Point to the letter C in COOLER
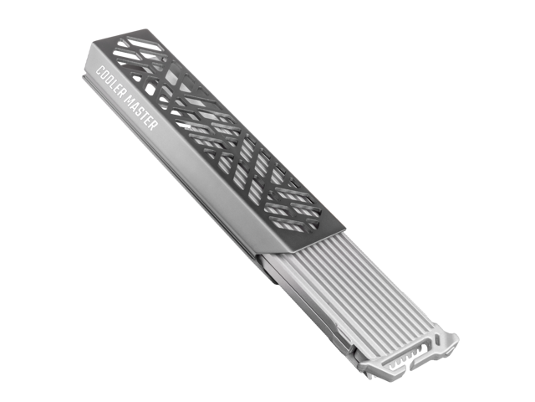[x=99, y=70]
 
